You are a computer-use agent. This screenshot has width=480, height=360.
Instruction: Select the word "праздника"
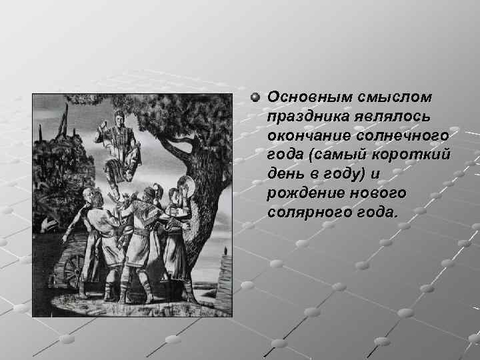coord(304,117)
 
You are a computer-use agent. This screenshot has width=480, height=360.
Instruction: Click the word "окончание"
coord(305,136)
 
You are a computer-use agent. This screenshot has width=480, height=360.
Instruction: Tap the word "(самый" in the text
coord(331,155)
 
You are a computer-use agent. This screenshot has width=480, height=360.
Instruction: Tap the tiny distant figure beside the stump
coord(226,251)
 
